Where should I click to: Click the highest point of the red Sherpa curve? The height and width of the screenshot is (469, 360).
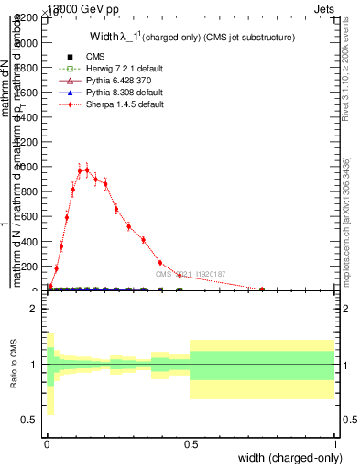[x=86, y=169]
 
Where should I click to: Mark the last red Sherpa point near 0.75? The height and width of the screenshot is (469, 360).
[x=262, y=289]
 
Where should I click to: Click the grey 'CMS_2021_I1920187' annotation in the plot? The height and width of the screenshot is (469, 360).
[x=190, y=274]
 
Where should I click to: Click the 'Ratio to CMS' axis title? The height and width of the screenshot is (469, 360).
[x=13, y=365]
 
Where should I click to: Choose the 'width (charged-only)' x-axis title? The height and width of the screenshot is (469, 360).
[x=286, y=459]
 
